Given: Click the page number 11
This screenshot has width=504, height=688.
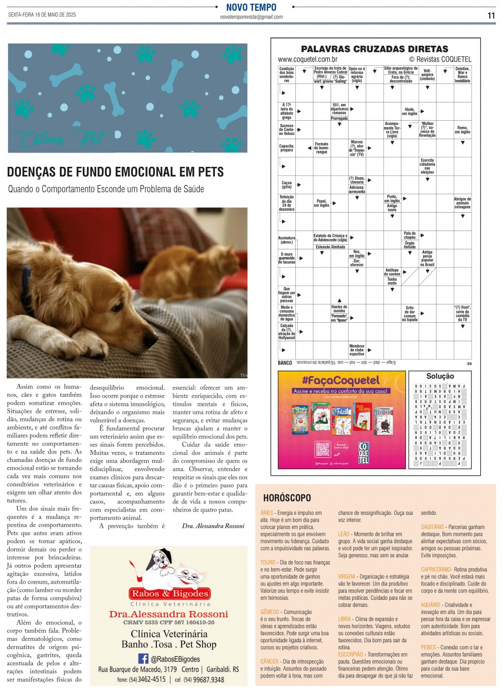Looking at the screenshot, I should [491, 15].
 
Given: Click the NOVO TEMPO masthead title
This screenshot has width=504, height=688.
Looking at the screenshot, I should [251, 7].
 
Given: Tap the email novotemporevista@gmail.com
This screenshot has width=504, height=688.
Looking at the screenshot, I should [251, 17].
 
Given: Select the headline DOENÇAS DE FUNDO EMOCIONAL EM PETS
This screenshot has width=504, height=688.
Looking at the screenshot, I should [115, 172].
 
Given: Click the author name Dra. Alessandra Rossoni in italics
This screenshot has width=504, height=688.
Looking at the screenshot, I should [213, 526].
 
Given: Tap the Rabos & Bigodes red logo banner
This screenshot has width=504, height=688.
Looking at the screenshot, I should [170, 594].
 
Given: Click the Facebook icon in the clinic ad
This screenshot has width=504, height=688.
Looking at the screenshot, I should [143, 658].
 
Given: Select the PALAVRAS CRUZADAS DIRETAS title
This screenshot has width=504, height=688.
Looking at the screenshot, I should [374, 49].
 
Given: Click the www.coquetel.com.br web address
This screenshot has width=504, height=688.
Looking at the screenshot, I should [308, 60].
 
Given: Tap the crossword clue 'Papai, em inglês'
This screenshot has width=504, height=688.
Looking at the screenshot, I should [322, 203].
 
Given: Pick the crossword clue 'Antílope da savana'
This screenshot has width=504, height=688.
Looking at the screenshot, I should [392, 272].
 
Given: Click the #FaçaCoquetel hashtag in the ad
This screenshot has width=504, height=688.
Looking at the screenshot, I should [341, 380].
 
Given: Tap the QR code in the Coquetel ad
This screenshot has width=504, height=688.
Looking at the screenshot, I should [323, 449].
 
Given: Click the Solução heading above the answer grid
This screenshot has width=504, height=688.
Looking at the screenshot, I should [440, 376].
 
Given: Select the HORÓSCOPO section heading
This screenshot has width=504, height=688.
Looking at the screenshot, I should [287, 498].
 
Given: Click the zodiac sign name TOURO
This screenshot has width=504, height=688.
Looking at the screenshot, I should [268, 563].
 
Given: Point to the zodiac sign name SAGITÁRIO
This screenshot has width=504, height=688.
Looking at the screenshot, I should [432, 527].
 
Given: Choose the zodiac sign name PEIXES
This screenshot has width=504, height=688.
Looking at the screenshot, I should [428, 647].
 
